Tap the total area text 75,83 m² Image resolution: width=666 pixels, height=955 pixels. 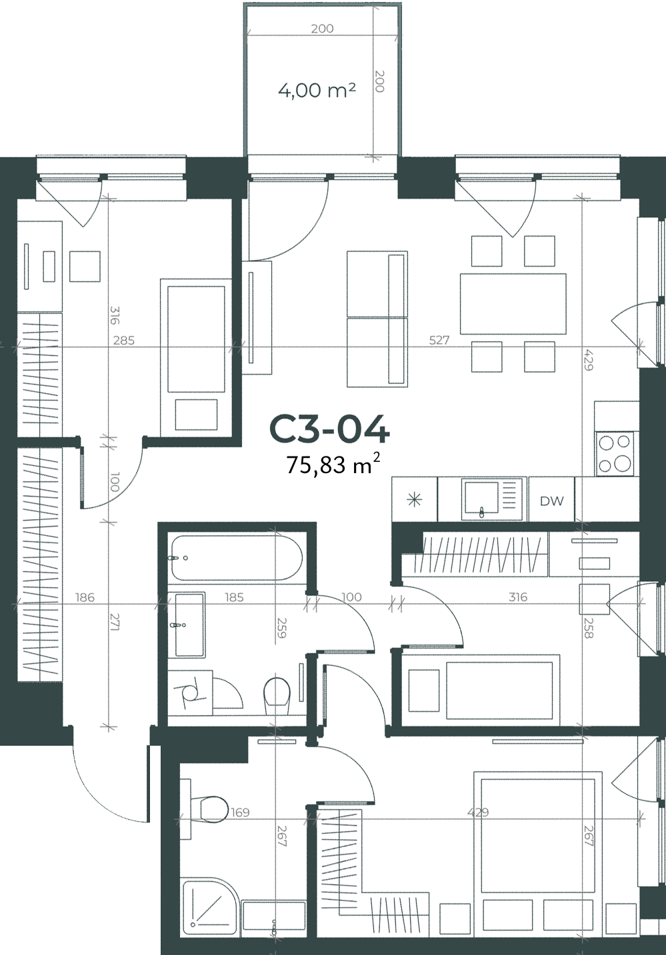333,465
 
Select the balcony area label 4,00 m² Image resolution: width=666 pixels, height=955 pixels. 317,91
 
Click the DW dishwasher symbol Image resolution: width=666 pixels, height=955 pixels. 551,501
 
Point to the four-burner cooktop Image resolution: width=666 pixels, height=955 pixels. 615,453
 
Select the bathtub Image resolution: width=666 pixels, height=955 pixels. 237,558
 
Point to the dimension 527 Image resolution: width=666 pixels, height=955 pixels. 439,340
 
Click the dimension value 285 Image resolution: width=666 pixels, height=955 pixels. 124,341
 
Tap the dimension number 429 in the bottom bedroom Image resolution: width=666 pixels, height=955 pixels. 477,812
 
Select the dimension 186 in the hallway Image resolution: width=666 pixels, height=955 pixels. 85,597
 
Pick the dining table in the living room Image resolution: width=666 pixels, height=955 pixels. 513,303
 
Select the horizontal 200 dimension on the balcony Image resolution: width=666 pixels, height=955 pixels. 323,29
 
